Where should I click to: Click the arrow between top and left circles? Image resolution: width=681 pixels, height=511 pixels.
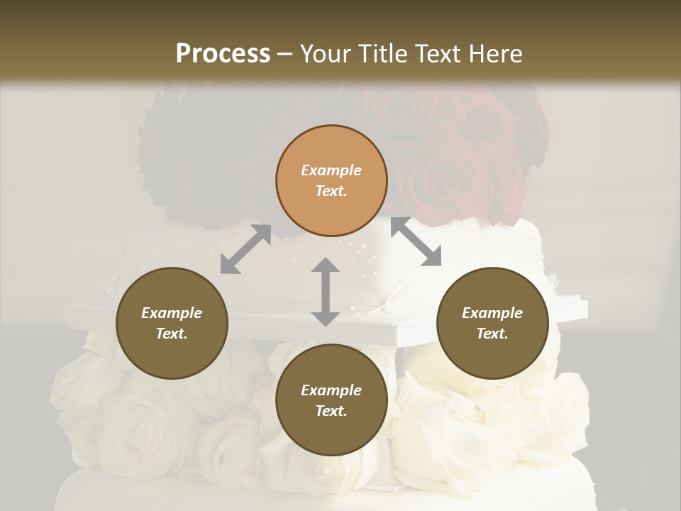pos(245,250)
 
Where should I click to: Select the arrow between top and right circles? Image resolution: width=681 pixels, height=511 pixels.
pos(416,242)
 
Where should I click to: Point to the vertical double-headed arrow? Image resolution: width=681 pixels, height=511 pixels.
pos(326,292)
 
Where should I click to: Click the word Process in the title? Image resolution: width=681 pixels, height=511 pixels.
pos(223,53)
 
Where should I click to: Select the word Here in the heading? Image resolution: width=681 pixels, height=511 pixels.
pos(497,53)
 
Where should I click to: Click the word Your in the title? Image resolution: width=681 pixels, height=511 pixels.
pos(326,53)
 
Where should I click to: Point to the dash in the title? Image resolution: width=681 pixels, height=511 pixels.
pos(285,54)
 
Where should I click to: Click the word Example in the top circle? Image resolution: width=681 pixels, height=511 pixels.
pos(331,170)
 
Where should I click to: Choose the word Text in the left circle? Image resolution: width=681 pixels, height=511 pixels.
pos(171,334)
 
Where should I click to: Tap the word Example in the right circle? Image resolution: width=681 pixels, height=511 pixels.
pos(492,313)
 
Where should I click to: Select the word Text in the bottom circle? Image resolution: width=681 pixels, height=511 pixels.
pos(331,411)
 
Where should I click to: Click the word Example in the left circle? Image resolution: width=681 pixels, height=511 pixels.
pos(172,313)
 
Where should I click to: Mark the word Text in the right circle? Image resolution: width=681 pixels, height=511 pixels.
pos(492,334)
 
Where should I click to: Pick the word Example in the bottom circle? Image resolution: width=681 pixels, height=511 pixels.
pos(331,390)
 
